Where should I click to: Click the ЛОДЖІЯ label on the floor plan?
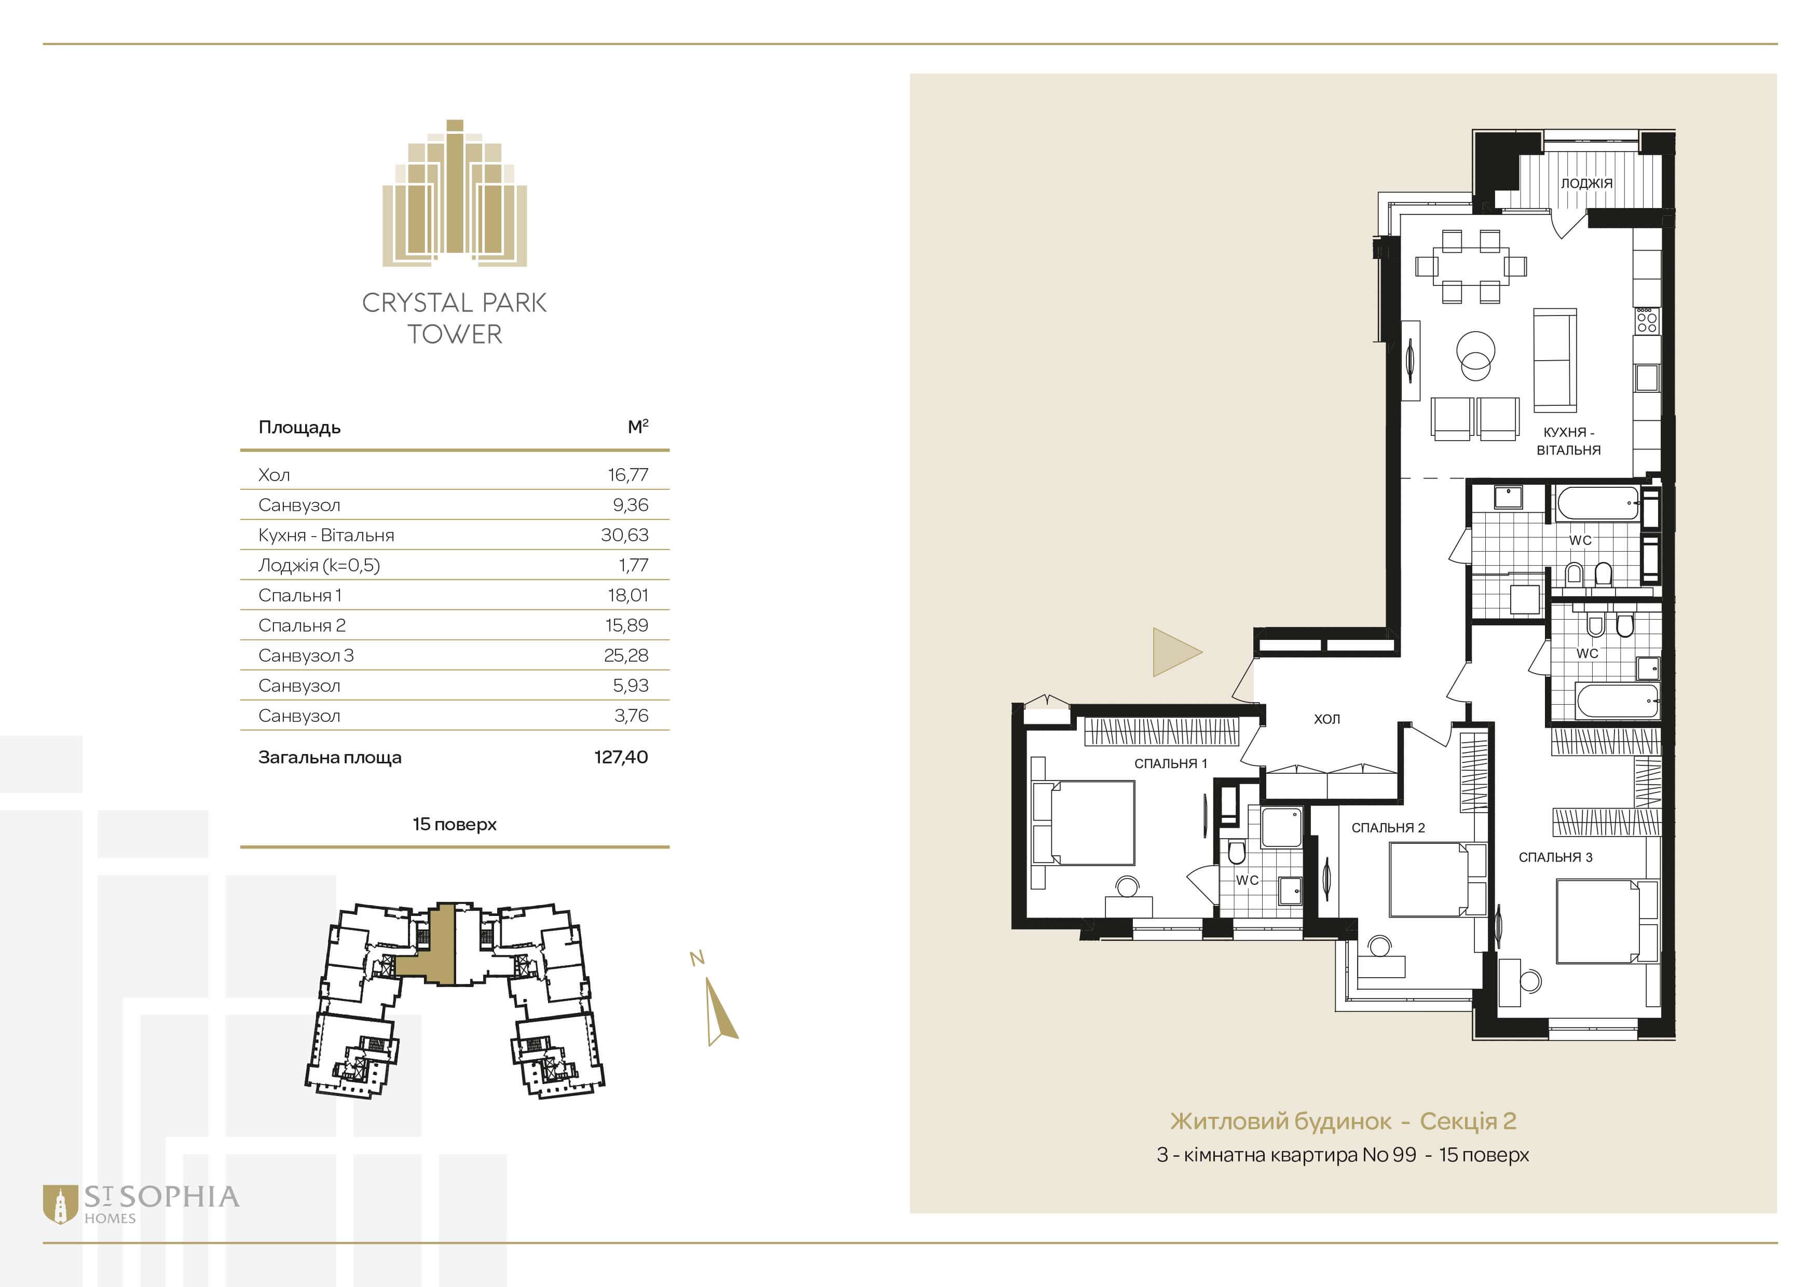tap(1586, 183)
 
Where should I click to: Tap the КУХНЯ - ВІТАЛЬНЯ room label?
tap(1568, 441)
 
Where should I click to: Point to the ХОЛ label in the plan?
tap(1327, 719)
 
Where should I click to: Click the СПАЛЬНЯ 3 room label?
tap(1555, 857)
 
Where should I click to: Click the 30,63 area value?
tap(625, 535)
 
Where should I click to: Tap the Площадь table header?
tap(299, 428)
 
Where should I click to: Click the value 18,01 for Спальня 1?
tap(628, 595)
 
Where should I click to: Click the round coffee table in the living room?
tap(1476, 354)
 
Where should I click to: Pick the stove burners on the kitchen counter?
tap(1646, 319)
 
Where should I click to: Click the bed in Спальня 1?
tap(1083, 822)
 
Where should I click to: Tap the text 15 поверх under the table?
tap(454, 824)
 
